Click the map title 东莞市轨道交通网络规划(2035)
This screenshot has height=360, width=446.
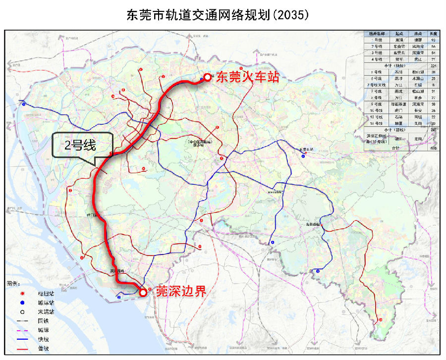click(218, 14)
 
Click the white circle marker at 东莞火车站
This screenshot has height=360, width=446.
click(207, 78)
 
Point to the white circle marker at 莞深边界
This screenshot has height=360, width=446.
click(143, 293)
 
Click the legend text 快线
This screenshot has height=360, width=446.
click(43, 339)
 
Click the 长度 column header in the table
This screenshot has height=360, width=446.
click(433, 33)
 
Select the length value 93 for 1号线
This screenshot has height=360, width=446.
click(433, 39)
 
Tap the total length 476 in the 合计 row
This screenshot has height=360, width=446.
click(433, 147)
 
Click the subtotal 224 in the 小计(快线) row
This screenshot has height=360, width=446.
click(433, 65)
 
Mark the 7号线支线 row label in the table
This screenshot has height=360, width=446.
click(378, 85)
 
